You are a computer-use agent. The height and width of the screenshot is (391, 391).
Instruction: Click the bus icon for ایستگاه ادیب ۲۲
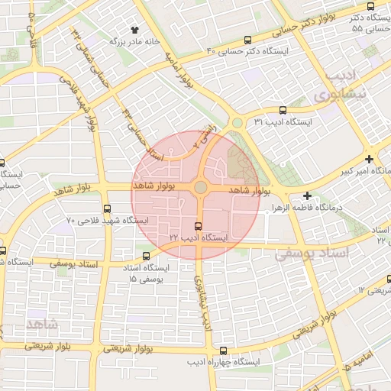(199, 226)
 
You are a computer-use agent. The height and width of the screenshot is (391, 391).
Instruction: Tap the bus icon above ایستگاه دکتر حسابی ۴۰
(247, 40)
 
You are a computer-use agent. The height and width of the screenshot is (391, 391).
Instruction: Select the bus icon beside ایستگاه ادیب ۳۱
(283, 110)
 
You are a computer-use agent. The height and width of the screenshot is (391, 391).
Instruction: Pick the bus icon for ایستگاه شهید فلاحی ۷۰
(106, 208)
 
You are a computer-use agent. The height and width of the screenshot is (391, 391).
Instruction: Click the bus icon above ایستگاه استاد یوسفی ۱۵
(147, 256)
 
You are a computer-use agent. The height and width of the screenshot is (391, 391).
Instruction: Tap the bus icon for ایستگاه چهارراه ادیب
(202, 350)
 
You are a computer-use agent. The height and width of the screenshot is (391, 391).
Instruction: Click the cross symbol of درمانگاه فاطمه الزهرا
(307, 196)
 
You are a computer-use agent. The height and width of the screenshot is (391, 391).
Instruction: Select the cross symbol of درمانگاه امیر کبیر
(370, 160)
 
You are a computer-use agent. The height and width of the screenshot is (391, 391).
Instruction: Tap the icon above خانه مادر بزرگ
(135, 29)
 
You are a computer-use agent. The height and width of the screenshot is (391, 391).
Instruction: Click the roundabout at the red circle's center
(200, 187)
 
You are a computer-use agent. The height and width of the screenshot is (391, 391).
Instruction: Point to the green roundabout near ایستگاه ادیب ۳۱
(238, 122)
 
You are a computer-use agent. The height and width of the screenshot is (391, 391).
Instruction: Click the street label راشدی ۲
(205, 136)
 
